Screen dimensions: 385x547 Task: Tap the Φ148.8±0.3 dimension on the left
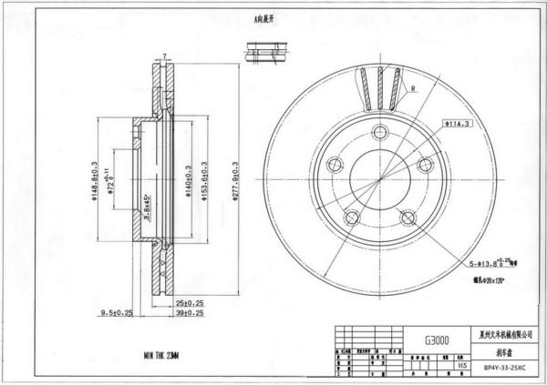[95, 177]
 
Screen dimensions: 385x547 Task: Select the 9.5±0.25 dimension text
[116, 312]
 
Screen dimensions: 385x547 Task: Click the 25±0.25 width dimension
[189, 302]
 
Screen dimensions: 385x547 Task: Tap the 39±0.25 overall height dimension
[189, 312]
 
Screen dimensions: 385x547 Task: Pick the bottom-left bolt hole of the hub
[351, 218]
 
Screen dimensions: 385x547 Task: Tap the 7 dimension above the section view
[164, 56]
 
